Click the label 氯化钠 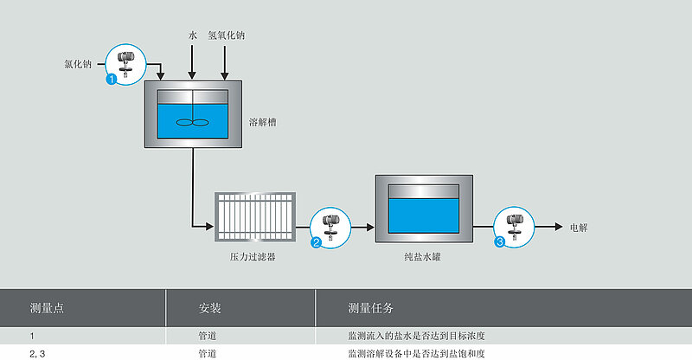(78, 64)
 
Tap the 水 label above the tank (192, 35)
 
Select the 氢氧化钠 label (227, 35)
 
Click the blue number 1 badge (112, 79)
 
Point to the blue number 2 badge (316, 242)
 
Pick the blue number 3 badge (500, 242)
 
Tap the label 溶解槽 (263, 122)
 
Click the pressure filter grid (255, 217)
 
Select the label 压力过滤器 (253, 257)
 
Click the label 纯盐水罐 (422, 257)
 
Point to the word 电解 (579, 228)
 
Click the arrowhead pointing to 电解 (559, 227)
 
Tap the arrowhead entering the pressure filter (210, 227)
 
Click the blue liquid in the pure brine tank (424, 215)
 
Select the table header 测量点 (48, 308)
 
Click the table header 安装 (209, 308)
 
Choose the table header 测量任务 (371, 308)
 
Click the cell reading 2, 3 (37, 354)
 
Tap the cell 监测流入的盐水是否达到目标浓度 (416, 336)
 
